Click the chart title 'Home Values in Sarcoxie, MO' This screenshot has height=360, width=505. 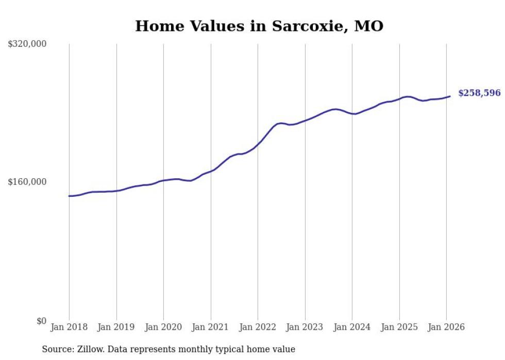click(259, 26)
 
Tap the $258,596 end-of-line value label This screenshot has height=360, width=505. click(479, 93)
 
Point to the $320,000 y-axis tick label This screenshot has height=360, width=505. click(27, 44)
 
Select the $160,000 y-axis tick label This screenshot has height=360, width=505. click(27, 182)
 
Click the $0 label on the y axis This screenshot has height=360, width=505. click(41, 321)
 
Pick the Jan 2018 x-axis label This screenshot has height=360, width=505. click(69, 327)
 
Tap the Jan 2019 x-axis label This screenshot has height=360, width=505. click(116, 327)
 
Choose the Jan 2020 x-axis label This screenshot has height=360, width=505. click(163, 327)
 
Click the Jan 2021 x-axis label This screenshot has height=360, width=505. click(210, 327)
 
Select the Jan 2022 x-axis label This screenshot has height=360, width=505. click(258, 327)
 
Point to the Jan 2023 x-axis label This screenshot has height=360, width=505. click(305, 327)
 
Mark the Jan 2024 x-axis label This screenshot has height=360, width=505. click(352, 327)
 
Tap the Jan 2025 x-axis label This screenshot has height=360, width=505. click(399, 327)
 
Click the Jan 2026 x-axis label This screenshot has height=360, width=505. click(446, 327)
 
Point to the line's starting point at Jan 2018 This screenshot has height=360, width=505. click(69, 196)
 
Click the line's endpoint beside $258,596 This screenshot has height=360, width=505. click(450, 96)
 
